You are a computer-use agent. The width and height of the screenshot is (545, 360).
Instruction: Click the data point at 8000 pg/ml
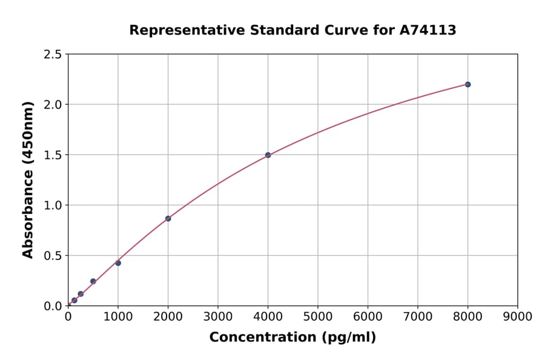(x=467, y=84)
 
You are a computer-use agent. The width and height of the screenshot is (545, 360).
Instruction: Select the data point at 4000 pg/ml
(x=268, y=155)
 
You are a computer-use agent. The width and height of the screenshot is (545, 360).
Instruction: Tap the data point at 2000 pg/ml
(x=168, y=218)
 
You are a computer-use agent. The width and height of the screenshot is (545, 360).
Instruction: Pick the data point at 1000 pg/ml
(x=118, y=263)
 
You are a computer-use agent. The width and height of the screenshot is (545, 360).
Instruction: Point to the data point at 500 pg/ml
(x=93, y=281)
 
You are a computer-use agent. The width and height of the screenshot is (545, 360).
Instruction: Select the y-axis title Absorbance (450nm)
(x=28, y=180)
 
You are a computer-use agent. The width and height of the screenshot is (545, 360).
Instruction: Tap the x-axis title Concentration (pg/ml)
(x=292, y=337)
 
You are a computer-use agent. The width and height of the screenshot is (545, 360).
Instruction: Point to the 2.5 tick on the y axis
(x=53, y=55)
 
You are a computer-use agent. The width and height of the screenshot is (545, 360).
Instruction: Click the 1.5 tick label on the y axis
(x=53, y=155)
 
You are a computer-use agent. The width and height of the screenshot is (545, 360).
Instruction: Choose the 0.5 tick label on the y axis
(x=53, y=256)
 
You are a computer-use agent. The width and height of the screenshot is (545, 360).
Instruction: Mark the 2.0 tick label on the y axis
(x=53, y=105)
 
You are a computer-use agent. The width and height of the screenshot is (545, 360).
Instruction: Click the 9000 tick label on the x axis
(x=518, y=316)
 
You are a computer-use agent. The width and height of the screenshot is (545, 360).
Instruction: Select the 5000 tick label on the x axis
(x=318, y=316)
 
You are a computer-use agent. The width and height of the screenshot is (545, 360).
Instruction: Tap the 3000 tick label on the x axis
(x=218, y=316)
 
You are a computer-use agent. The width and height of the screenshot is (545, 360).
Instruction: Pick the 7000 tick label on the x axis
(x=418, y=316)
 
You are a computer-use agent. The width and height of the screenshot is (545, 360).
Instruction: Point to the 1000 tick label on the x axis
(x=118, y=316)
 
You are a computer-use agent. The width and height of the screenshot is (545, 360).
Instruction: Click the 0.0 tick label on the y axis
(x=53, y=306)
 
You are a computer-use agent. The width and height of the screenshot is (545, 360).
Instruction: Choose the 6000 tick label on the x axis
(x=368, y=316)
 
